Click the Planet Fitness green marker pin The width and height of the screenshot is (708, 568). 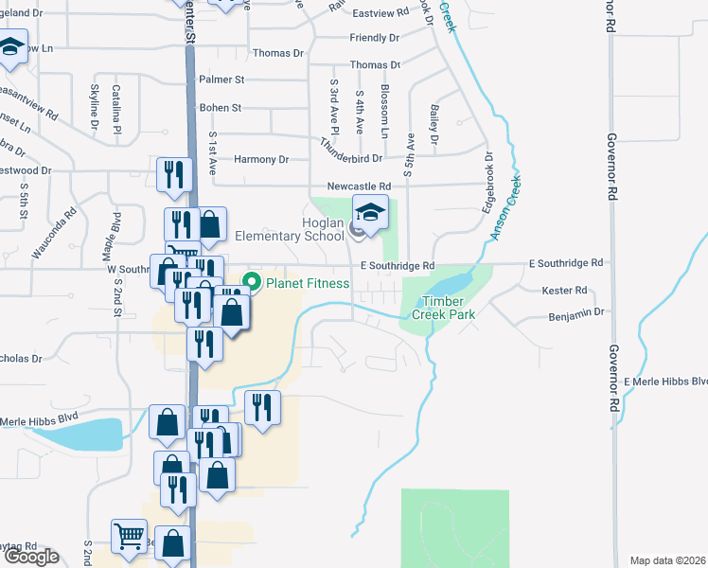pos(252,282)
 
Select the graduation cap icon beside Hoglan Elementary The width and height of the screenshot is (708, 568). pos(371,214)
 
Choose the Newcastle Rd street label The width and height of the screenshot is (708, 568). pos(359,186)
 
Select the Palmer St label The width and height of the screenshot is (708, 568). pos(221,80)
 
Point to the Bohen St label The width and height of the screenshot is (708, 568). pos(221,108)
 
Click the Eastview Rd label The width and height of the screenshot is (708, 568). pos(380,13)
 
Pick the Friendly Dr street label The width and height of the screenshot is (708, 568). pos(374,38)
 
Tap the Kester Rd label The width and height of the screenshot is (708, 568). pos(564,291)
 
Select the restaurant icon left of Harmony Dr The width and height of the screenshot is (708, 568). pos(173,174)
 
